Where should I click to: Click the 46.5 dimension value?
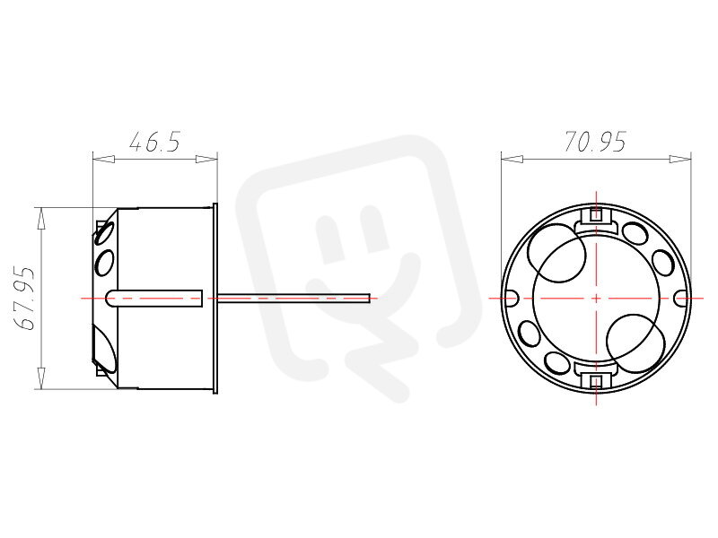coord(154,142)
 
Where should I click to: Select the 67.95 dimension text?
coord(24,299)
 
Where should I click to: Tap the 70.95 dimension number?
coord(595,142)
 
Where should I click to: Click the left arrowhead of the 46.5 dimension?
coord(103,160)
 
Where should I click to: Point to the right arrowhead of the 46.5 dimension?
coord(206,160)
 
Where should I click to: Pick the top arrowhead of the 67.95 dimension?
coord(41,218)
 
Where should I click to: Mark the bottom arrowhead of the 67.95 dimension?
coord(41,377)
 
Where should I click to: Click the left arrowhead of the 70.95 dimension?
coord(512,160)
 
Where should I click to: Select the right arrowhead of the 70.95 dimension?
coord(680,160)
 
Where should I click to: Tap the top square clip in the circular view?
coord(596,214)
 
